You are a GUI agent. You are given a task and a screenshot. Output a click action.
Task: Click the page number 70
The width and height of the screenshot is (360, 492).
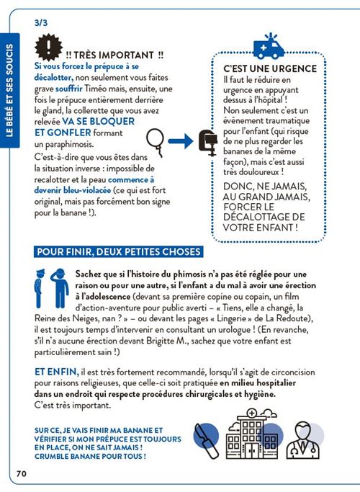point(21,473)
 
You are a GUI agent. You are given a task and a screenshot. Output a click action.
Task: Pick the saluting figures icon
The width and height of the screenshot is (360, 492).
point(53,286)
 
